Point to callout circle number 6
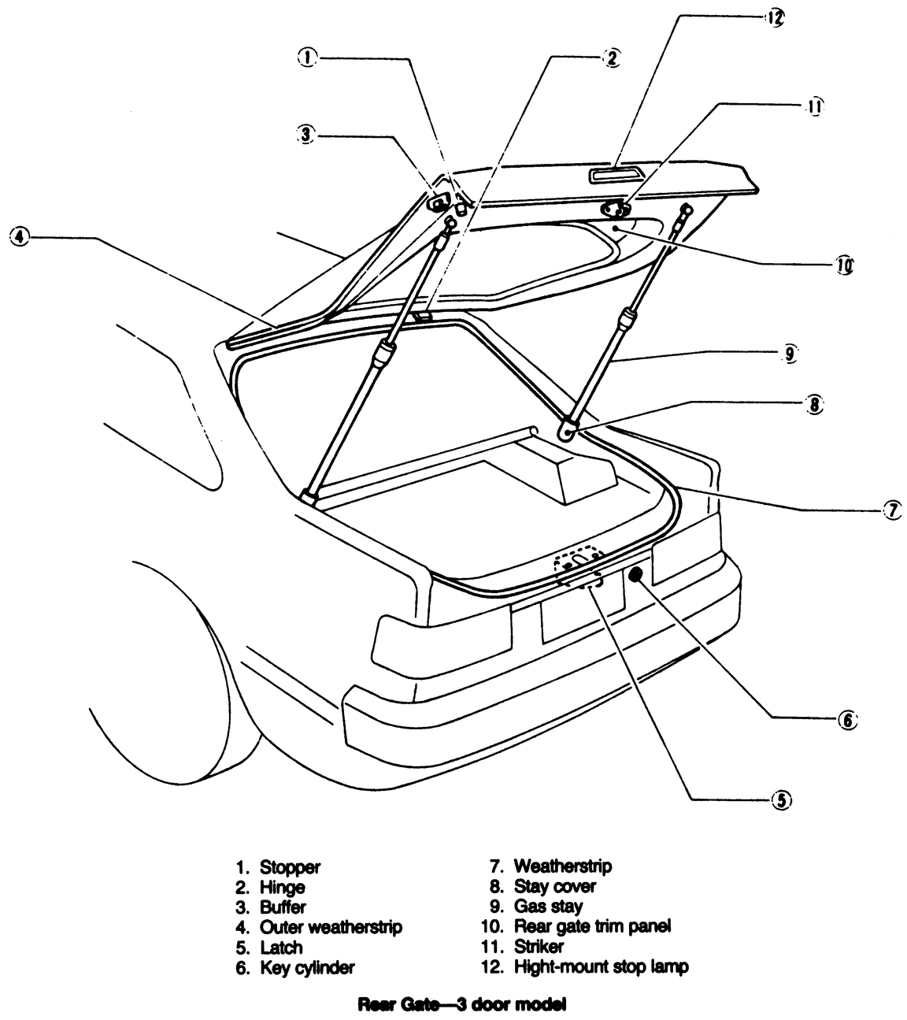pyautogui.click(x=846, y=719)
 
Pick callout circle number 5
pyautogui.click(x=780, y=800)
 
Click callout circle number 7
pyautogui.click(x=891, y=510)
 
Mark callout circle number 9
pyautogui.click(x=790, y=354)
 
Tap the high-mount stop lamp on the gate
pyautogui.click(x=619, y=174)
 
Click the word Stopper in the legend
pyautogui.click(x=290, y=867)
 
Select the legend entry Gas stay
pyautogui.click(x=548, y=907)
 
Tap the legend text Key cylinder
pyautogui.click(x=307, y=967)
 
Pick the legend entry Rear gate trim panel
pyautogui.click(x=592, y=926)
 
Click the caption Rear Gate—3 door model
pyautogui.click(x=462, y=1005)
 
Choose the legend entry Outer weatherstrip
pyautogui.click(x=331, y=927)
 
